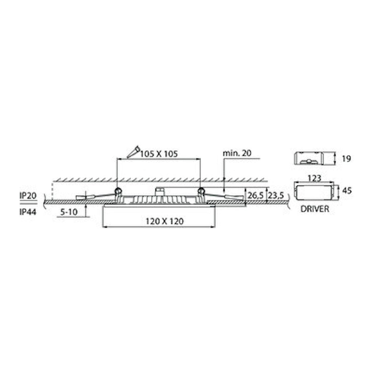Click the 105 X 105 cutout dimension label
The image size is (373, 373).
tap(159, 154)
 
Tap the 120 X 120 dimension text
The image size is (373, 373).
tap(164, 221)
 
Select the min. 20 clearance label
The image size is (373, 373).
tap(237, 153)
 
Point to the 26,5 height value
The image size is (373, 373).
tap(256, 196)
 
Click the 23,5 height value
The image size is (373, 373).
tap(276, 196)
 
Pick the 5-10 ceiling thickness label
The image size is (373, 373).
tap(69, 212)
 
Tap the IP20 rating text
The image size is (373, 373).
tap(28, 196)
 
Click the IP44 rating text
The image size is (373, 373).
tap(28, 212)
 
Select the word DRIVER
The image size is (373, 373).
tap(315, 209)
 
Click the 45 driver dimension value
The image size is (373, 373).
tap(347, 191)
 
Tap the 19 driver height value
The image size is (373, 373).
tap(346, 159)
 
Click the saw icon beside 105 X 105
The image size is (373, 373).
tap(133, 152)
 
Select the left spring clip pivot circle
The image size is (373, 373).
tap(118, 191)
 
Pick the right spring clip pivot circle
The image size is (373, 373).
tap(201, 191)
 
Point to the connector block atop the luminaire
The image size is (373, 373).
tap(161, 192)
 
